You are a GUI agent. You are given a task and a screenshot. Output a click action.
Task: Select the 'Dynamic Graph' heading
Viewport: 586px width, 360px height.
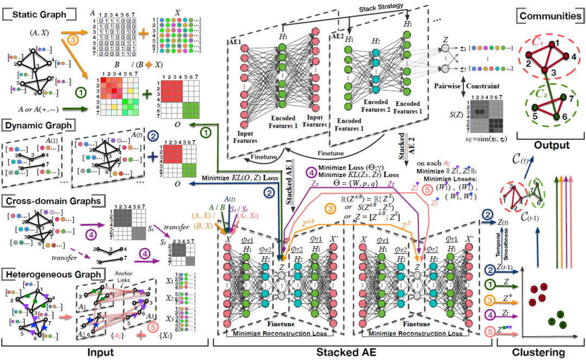tap(39, 125)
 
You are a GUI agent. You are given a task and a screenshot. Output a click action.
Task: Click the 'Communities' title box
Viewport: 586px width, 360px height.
tap(550, 16)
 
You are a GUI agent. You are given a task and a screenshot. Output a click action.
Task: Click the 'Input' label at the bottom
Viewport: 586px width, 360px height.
tap(103, 352)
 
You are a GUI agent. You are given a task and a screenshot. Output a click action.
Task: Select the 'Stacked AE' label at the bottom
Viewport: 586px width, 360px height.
tap(359, 352)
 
